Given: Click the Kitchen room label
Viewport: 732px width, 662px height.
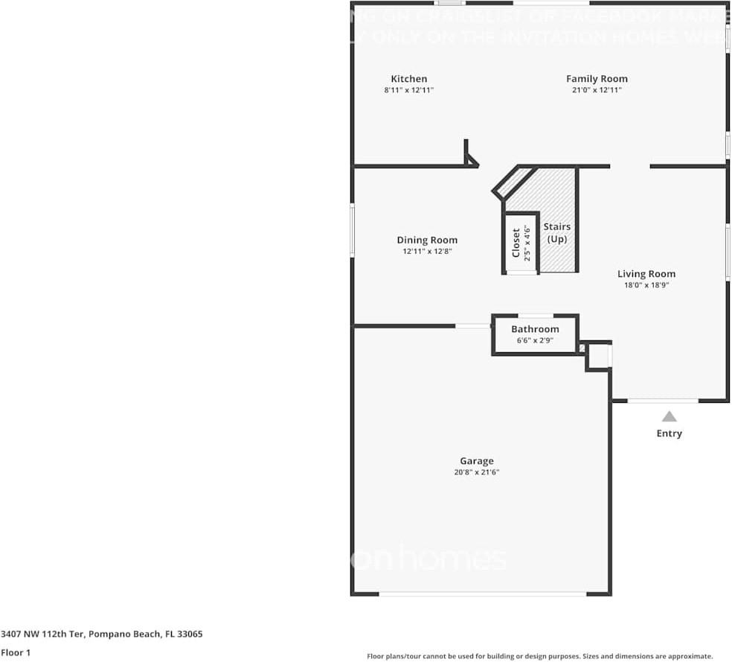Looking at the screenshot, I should click(x=409, y=79).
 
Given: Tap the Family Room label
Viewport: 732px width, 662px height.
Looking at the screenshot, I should click(x=597, y=79).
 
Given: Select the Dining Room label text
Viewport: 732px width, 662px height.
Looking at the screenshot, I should click(x=427, y=240).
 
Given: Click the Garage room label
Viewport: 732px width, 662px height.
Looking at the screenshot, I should click(x=476, y=461).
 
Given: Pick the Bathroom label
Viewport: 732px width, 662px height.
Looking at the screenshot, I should click(x=535, y=329).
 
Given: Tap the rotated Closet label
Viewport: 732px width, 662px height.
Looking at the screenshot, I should click(x=516, y=243).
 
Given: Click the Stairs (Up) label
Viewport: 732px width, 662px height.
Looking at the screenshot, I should click(x=557, y=232).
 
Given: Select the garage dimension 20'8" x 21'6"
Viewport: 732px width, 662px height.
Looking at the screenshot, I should click(x=476, y=472).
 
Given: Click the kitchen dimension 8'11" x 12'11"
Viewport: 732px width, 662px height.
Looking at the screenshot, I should click(x=408, y=90).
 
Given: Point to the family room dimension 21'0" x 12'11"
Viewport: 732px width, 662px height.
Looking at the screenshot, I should click(x=597, y=90).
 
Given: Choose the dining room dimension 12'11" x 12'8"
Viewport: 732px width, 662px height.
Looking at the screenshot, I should click(x=427, y=252).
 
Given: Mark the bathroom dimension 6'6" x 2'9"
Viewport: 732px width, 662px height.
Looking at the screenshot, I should click(x=535, y=340).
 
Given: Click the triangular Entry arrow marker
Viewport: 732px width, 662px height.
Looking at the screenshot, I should click(x=670, y=417).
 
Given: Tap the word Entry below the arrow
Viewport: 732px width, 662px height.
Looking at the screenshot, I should click(x=669, y=433).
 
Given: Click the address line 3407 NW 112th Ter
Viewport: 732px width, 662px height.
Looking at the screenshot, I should click(x=102, y=634).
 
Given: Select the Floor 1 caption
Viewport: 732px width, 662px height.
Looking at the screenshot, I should click(x=16, y=652).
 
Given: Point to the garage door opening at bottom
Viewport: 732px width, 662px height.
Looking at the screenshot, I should click(x=482, y=593).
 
